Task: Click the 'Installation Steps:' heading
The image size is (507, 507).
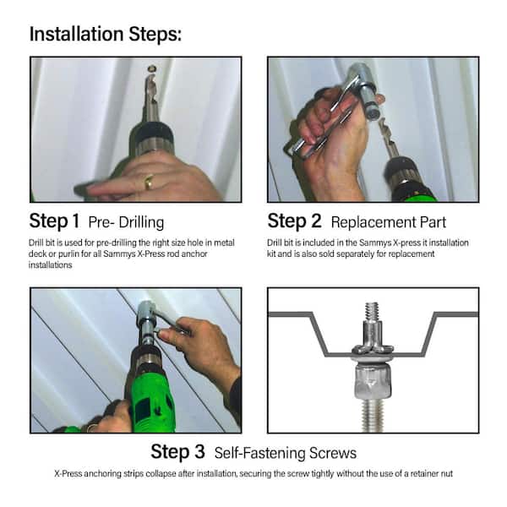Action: [106, 35]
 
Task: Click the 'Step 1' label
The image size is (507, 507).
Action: [54, 221]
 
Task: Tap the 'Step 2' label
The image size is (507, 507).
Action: [294, 221]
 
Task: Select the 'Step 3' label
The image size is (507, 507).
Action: [177, 451]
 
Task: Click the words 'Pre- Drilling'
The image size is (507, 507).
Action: [126, 222]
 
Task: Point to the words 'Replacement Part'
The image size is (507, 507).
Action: [389, 222]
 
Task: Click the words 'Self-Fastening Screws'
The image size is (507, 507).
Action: [286, 453]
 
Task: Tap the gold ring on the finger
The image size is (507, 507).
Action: [149, 182]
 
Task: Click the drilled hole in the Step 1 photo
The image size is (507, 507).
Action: [151, 68]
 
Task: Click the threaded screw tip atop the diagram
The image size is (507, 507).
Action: [372, 311]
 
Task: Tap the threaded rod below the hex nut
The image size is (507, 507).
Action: [373, 416]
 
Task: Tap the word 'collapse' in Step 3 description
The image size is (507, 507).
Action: [161, 474]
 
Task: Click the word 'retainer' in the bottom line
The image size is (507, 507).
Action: [425, 474]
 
